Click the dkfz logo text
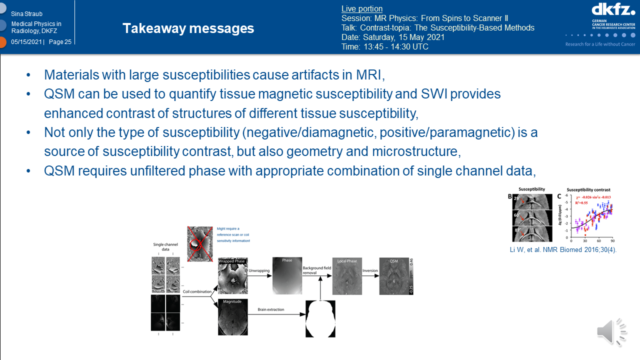pos(613,10)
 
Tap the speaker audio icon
pos(611,331)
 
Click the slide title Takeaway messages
pos(188,28)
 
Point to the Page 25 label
pos(60,42)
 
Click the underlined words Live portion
pos(361,8)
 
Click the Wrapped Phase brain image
pos(232,276)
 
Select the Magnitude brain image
pos(232,317)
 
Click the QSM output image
pos(393,276)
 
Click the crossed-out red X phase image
pos(199,243)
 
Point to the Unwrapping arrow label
pos(259,270)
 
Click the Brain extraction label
pos(270,310)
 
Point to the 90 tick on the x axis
pos(612,240)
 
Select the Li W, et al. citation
pos(563,249)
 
